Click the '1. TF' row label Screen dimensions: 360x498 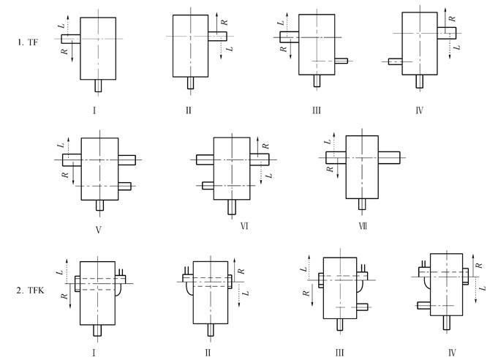click(28, 43)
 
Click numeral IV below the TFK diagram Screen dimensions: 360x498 click(452, 352)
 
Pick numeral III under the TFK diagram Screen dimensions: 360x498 click(340, 352)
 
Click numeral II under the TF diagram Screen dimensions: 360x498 click(188, 110)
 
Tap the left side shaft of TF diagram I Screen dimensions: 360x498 click(71, 38)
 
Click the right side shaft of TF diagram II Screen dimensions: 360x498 click(217, 36)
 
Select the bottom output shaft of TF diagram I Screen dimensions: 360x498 click(98, 85)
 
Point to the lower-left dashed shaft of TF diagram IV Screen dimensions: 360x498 click(396, 62)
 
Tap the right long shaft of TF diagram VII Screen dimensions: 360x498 click(389, 156)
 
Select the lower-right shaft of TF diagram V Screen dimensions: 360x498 click(125, 186)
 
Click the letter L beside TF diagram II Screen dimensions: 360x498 click(229, 48)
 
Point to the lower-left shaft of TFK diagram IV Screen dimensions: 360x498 click(423, 304)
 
